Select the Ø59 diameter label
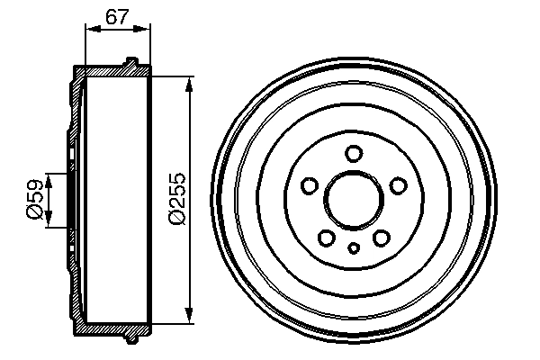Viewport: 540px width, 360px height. [35, 198]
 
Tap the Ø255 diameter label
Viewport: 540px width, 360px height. [177, 198]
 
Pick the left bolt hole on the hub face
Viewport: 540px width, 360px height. [310, 186]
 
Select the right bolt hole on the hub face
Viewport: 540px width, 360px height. [399, 186]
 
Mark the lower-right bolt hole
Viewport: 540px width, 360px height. [381, 238]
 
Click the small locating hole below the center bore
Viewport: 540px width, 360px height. [355, 248]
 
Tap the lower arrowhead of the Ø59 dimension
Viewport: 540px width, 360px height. [50, 220]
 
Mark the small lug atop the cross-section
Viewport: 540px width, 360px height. [132, 62]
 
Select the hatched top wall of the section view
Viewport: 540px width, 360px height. [112, 70]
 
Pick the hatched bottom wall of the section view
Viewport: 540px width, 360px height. [112, 328]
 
